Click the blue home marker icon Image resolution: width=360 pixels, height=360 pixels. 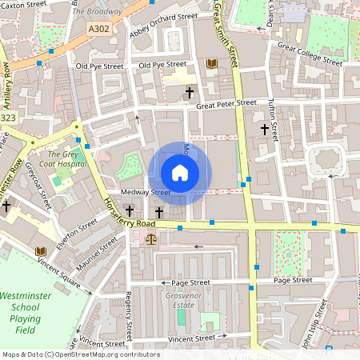click(x=180, y=172)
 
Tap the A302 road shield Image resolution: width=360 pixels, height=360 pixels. click(x=98, y=27)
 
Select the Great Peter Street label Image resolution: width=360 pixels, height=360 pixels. click(x=226, y=103)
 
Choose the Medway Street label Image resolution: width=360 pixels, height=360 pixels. click(x=146, y=193)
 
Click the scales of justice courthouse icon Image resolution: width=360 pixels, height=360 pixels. click(x=152, y=238)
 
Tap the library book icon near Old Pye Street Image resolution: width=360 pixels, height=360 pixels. click(x=211, y=63)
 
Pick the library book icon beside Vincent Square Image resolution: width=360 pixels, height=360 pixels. click(x=40, y=251)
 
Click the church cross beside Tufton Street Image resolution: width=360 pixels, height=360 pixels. click(x=264, y=128)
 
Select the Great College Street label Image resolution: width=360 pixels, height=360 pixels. click(x=310, y=54)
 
